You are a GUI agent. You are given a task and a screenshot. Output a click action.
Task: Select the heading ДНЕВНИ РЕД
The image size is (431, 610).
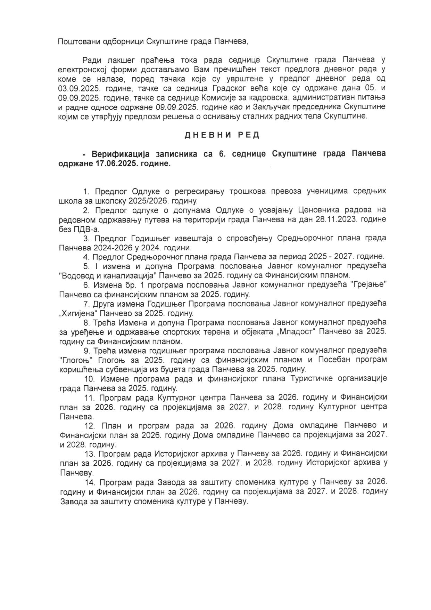221,135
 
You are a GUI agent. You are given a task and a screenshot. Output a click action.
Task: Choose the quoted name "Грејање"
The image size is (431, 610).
368,285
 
